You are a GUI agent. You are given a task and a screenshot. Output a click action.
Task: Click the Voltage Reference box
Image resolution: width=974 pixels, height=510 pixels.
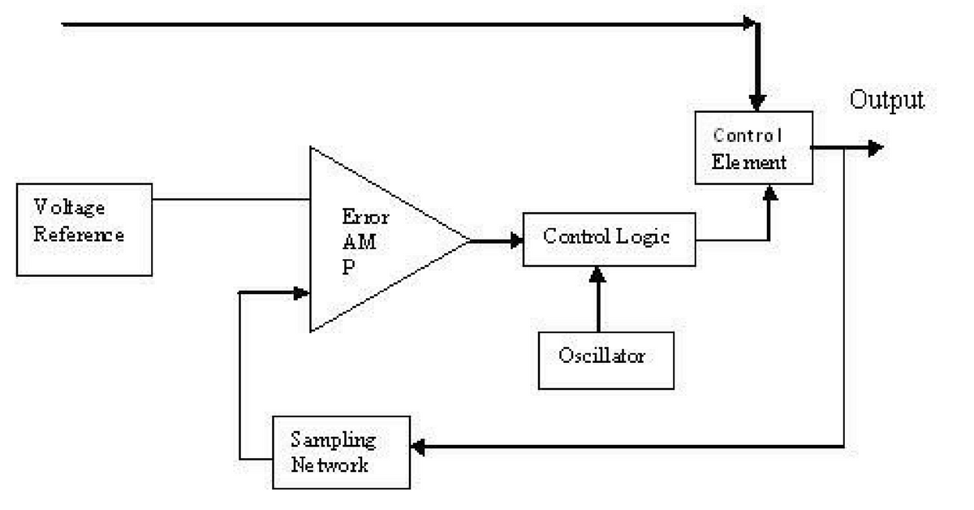pos(84,229)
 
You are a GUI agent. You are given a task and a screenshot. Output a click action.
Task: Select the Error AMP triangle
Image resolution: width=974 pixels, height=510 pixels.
pos(373,240)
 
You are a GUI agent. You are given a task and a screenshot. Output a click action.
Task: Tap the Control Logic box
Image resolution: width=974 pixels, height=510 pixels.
pos(609,239)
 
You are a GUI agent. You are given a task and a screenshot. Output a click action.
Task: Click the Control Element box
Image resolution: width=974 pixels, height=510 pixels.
pos(752,148)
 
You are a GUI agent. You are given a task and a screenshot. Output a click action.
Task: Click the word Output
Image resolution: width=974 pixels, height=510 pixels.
pos(886,100)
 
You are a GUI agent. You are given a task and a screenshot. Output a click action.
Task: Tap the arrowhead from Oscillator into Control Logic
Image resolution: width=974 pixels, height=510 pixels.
pos(599,274)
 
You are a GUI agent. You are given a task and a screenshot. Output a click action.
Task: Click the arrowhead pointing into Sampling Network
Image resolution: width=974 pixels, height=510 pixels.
pos(420,446)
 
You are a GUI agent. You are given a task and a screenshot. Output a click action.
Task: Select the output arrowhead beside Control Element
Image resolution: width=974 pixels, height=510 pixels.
pos(874,148)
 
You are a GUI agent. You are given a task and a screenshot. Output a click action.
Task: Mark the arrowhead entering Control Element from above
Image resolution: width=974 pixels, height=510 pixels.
pos(757,102)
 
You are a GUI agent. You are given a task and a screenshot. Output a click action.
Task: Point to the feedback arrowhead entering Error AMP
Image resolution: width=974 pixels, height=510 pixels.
pos(300,292)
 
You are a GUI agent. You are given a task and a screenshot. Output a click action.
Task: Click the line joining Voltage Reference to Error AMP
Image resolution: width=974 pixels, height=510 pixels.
pos(231,199)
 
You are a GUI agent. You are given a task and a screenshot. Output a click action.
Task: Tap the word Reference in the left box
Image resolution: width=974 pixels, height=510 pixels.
pos(79,236)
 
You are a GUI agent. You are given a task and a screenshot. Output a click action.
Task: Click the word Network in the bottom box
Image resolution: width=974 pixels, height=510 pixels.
pos(329,465)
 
